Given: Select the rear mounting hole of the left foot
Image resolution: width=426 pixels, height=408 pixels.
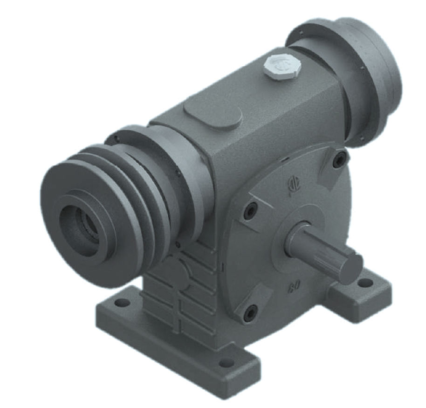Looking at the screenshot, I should [x=123, y=304].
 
